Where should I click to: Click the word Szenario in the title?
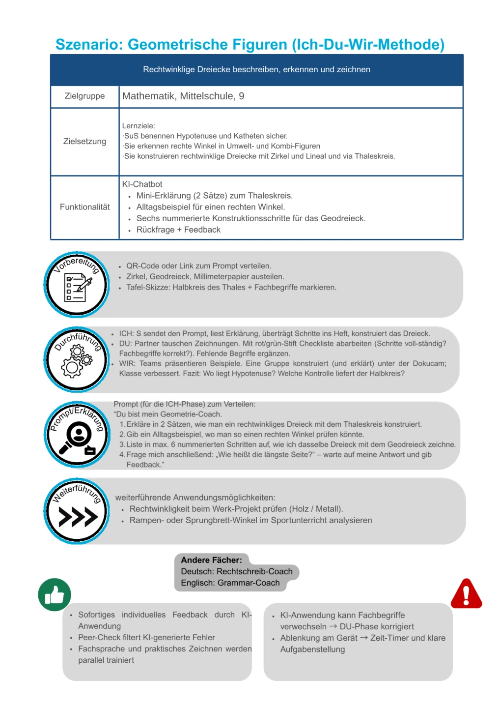[x=89, y=45]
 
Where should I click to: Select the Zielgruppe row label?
[x=84, y=96]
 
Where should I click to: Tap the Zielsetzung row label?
[x=84, y=142]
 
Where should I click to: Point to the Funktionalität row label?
[x=84, y=207]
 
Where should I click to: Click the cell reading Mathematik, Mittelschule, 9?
[x=183, y=96]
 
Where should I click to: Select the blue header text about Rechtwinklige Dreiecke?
[x=256, y=70]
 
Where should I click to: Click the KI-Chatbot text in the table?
[x=142, y=184]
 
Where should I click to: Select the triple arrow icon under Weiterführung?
[x=78, y=517]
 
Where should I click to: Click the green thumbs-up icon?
[x=55, y=594]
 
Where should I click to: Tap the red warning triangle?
[x=466, y=594]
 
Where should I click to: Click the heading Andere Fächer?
[x=211, y=560]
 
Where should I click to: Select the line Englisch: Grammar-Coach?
[x=230, y=583]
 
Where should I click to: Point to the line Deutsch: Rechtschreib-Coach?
[x=236, y=571]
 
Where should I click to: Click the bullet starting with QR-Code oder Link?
[x=198, y=266]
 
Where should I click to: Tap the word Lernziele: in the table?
[x=139, y=126]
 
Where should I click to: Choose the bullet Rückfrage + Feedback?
[x=178, y=230]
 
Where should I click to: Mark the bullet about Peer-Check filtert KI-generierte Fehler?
[x=146, y=638]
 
